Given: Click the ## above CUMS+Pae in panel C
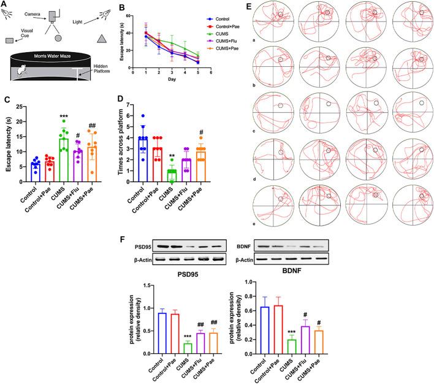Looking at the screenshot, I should pos(93,125).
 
